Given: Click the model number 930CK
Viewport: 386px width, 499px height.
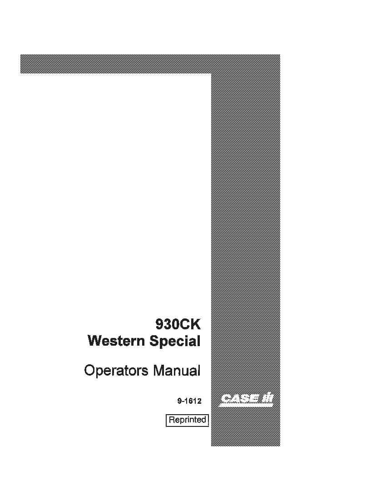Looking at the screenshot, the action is click(178, 325).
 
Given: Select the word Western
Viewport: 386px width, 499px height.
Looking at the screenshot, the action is click(116, 341).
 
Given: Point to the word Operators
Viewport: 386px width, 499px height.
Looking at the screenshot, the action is click(116, 371).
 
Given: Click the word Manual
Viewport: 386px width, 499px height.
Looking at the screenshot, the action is click(177, 371).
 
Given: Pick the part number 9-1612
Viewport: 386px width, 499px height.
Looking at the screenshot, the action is click(189, 401).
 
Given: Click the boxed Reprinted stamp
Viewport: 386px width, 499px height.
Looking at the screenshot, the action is click(187, 420).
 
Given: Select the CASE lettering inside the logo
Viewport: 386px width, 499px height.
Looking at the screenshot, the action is click(239, 398).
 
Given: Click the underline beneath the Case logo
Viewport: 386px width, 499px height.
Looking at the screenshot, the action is click(246, 406).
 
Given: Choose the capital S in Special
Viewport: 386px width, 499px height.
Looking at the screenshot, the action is click(154, 341).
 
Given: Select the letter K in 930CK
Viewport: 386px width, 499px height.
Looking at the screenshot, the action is click(196, 325).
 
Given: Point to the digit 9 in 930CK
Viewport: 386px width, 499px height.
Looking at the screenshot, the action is click(159, 325).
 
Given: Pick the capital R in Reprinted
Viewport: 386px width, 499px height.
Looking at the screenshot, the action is click(172, 420).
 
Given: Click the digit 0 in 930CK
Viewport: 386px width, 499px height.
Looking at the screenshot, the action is click(175, 325).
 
